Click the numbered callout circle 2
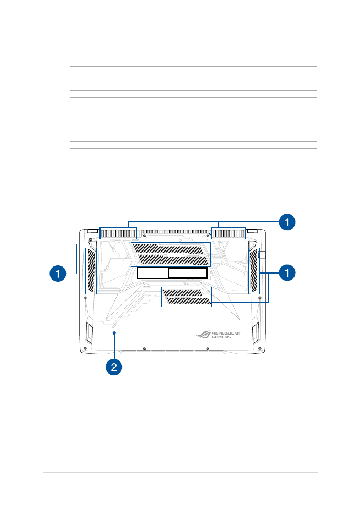(x=114, y=367)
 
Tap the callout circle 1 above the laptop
(x=287, y=222)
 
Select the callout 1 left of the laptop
(x=58, y=273)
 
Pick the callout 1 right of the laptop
(x=287, y=272)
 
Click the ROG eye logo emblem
(x=203, y=335)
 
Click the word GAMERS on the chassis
(x=221, y=337)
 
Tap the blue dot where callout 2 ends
(x=114, y=332)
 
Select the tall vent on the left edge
(x=91, y=271)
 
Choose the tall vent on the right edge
(x=254, y=271)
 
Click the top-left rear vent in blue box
(x=118, y=233)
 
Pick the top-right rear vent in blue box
(x=228, y=233)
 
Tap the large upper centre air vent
(x=170, y=254)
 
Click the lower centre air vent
(x=186, y=297)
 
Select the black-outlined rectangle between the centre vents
(x=172, y=273)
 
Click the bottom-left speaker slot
(x=89, y=333)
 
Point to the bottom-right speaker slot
(x=256, y=333)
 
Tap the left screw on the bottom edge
(x=144, y=349)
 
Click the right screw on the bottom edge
(x=208, y=349)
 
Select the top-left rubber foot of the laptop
(x=93, y=231)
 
